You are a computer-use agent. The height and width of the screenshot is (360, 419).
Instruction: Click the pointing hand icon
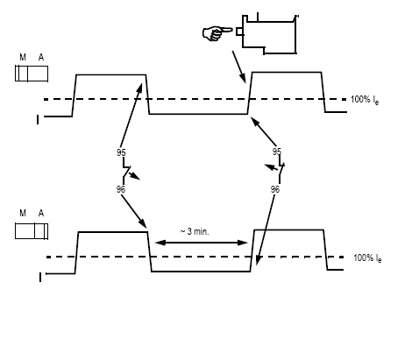coord(217,33)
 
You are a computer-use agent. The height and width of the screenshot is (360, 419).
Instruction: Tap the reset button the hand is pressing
coord(239,32)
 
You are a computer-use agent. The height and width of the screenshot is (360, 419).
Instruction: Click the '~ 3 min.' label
coord(195,231)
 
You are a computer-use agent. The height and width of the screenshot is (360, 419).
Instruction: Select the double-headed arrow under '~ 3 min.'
coord(202,243)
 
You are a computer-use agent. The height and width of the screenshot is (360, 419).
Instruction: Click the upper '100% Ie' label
coord(365,100)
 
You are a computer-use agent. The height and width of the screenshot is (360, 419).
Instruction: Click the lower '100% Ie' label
coord(367,258)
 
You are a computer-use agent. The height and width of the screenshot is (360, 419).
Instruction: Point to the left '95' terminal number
coord(121,152)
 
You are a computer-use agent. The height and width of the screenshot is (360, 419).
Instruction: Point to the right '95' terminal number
coord(277,152)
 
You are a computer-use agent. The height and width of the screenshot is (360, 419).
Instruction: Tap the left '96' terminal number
coord(121,189)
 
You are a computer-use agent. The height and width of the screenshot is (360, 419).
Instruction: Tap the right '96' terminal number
coord(275,189)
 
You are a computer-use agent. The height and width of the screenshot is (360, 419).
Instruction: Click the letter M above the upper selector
coord(23,57)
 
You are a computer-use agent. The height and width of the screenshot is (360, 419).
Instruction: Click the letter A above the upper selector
coord(41,57)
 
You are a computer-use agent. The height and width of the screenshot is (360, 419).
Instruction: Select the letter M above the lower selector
coord(23,213)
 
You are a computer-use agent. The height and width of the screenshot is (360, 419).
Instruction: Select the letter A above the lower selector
coord(41,213)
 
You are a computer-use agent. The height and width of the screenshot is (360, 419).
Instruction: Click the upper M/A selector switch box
coord(32,74)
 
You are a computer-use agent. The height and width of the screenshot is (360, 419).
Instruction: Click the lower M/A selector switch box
coord(32,231)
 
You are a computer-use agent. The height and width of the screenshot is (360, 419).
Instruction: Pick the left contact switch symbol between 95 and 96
coord(126,170)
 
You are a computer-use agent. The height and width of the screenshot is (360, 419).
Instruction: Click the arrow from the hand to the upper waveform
coord(238,67)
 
